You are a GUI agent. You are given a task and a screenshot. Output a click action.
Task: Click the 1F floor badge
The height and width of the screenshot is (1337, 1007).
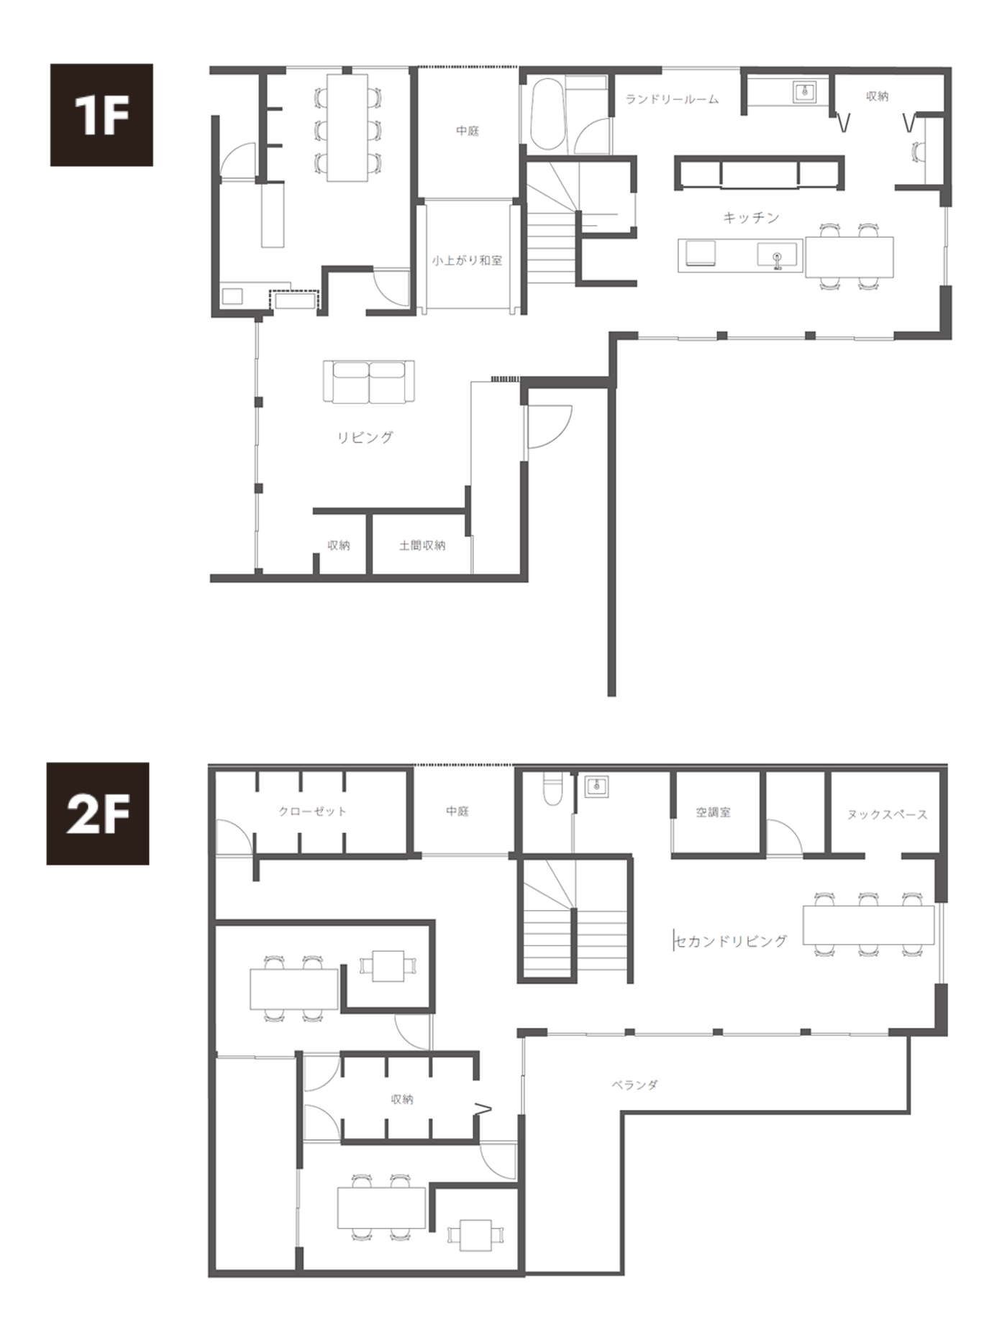click(101, 115)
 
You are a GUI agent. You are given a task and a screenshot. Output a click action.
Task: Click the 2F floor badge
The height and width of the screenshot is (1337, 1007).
click(98, 814)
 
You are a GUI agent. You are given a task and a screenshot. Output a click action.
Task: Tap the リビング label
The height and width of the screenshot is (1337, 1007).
click(365, 437)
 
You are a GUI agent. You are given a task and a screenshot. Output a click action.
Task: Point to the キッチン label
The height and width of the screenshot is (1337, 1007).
click(751, 217)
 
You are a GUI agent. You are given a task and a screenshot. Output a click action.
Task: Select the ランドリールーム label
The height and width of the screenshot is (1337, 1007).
click(672, 99)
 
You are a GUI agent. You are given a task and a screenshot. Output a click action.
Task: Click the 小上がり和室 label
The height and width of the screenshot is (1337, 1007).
click(467, 260)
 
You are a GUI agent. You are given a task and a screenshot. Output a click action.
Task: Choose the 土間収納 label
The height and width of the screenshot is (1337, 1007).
click(422, 546)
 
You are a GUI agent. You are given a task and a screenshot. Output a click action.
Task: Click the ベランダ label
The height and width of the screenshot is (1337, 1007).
click(634, 1085)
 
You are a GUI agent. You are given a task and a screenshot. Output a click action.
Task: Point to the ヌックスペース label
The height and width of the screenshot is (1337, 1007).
click(887, 814)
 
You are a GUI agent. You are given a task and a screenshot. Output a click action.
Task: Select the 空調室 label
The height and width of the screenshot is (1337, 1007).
click(713, 812)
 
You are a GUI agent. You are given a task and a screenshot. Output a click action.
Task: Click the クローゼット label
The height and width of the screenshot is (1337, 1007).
click(312, 812)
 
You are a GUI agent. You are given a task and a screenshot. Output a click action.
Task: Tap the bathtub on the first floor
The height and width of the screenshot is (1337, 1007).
click(548, 115)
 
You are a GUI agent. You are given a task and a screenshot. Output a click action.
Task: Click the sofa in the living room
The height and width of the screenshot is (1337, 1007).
click(369, 382)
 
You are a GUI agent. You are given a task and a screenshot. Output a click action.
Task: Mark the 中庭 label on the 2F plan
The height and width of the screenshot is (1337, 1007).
click(457, 811)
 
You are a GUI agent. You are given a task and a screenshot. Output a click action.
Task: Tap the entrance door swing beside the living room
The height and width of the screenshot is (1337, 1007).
click(550, 427)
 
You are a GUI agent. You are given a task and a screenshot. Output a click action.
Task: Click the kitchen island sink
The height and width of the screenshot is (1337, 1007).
click(777, 256)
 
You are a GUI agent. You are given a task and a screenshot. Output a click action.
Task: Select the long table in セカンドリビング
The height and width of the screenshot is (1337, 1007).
click(868, 924)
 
